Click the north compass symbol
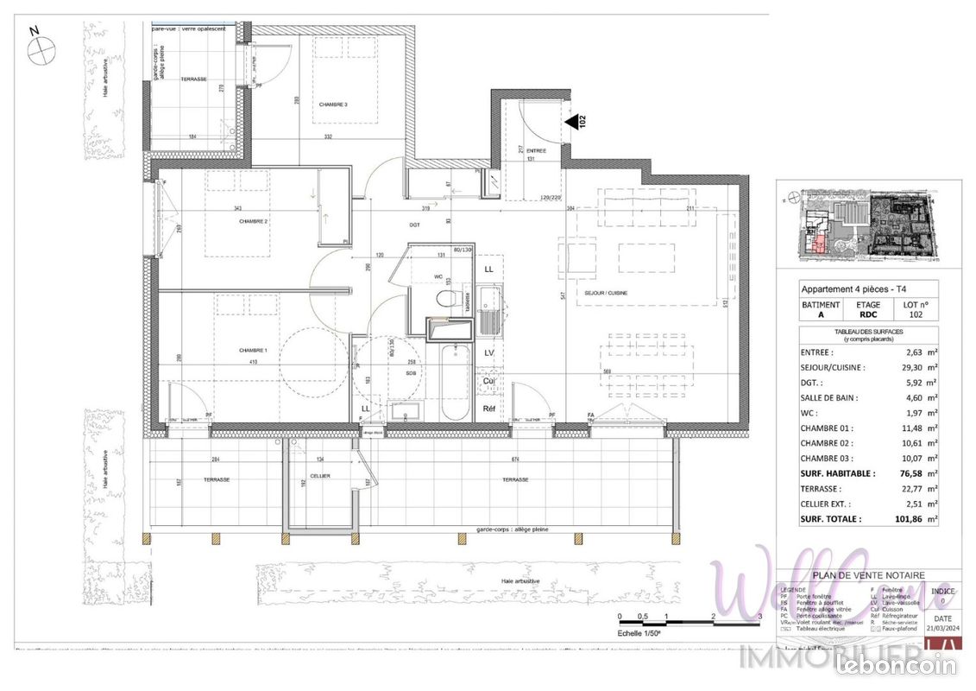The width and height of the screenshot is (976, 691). coord(40,51)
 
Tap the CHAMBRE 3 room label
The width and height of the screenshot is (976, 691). coord(333,105)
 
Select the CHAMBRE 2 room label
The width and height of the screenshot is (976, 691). coord(254,222)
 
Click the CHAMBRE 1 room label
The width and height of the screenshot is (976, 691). coord(253,350)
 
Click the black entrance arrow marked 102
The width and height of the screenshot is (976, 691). coord(572,123)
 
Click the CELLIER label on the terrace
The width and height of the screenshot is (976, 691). coord(320,476)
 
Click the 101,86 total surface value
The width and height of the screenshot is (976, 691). coord(906,519)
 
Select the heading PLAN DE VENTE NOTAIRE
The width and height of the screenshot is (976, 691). coord(869,575)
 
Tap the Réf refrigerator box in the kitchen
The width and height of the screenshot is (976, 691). coord(489,409)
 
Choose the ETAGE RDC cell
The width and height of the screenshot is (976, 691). coord(868,310)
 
